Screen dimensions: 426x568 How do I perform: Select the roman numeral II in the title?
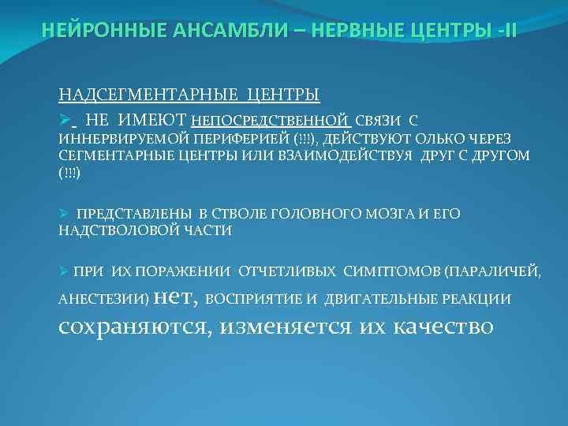(510, 31)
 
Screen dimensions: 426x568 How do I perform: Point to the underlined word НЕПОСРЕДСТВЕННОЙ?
(271, 121)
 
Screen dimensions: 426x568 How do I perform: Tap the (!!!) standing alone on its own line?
(69, 173)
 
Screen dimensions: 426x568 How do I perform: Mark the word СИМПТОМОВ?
(393, 272)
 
